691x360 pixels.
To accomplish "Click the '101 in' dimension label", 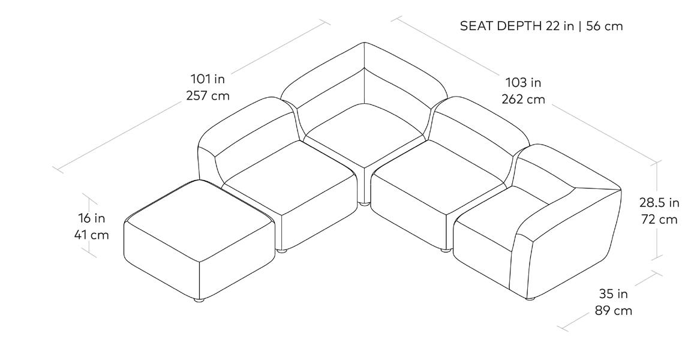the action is click(x=208, y=79).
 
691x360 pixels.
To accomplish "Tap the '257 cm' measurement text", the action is click(x=208, y=95).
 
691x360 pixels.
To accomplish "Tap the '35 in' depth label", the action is click(x=614, y=294).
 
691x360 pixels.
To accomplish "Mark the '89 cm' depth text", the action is click(x=614, y=311).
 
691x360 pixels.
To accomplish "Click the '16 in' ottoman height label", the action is click(x=91, y=218).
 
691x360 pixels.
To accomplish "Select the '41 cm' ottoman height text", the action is click(x=91, y=235).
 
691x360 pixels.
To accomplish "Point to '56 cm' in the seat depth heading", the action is click(x=603, y=26).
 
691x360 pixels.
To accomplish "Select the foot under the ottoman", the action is click(x=199, y=299).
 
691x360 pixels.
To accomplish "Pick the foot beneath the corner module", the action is click(x=363, y=205).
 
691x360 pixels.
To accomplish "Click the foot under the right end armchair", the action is click(x=530, y=297).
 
